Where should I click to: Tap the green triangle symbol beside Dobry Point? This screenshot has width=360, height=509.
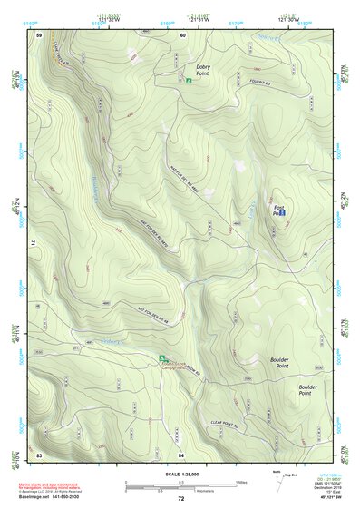[x=189, y=81]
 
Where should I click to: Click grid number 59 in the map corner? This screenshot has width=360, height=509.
[x=39, y=34]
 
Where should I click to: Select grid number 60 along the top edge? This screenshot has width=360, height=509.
[x=182, y=34]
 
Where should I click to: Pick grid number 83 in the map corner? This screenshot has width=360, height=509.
[x=39, y=454]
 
